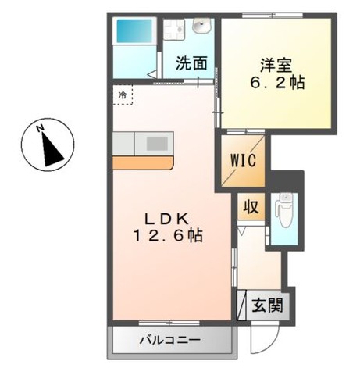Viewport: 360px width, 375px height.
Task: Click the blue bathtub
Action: click(x=134, y=30)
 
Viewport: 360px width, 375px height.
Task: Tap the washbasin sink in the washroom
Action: click(x=201, y=26)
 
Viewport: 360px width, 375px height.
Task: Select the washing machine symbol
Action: click(x=174, y=29)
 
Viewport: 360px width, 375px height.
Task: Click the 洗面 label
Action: click(x=191, y=63)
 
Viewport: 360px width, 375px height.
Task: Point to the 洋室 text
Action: click(x=276, y=66)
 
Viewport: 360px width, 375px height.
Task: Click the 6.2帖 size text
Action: click(x=277, y=83)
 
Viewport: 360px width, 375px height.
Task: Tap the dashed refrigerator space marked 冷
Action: click(x=123, y=95)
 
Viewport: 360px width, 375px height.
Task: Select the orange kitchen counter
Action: click(x=143, y=163)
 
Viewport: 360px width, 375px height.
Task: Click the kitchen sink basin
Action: click(x=157, y=144)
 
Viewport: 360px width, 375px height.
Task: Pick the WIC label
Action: click(x=243, y=160)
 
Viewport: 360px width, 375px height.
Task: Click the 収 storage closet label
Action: click(x=251, y=207)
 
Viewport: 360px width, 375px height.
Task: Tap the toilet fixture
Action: click(x=284, y=210)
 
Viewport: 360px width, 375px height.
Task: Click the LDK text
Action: click(x=166, y=220)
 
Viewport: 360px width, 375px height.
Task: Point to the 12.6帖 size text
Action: click(x=168, y=236)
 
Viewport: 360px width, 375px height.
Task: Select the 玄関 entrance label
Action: click(x=267, y=305)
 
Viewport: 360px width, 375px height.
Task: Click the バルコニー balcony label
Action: click(x=170, y=340)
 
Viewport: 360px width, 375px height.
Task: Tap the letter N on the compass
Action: click(x=40, y=128)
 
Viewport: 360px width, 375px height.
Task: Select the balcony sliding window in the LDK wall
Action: click(x=169, y=323)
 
